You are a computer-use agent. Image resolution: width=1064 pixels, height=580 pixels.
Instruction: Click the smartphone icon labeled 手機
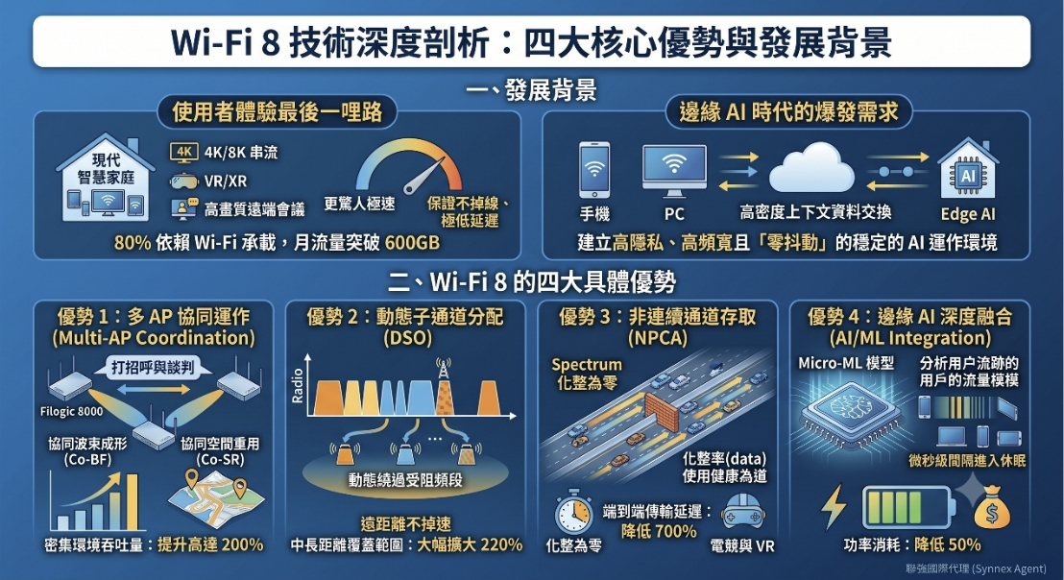pos(594,170)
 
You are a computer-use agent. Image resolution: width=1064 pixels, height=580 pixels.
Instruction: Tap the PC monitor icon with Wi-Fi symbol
pos(674,171)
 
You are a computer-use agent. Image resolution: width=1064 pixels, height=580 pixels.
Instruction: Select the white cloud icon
pos(811,168)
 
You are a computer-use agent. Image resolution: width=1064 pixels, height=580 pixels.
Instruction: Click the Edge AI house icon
pos(968,169)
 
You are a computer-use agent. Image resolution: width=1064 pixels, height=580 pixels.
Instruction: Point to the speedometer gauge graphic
pos(409,167)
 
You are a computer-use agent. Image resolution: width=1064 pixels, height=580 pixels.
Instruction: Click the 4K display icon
pos(183,153)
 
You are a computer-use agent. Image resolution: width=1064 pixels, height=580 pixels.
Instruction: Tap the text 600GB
pos(412,242)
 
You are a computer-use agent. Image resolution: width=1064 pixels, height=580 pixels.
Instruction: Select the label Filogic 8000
pos(71,411)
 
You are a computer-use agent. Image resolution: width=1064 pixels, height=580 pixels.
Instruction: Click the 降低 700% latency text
pos(658,530)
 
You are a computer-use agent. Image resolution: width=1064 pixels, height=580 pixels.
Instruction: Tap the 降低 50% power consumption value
pos(947,544)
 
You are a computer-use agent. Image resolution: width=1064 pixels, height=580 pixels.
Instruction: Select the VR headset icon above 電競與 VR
pos(742,512)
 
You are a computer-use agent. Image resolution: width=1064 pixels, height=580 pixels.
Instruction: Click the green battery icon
pos(907,507)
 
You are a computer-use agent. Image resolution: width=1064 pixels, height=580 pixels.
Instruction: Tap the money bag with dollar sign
pos(991,508)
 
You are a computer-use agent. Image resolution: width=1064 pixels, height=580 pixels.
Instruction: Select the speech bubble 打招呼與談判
pos(153,367)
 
